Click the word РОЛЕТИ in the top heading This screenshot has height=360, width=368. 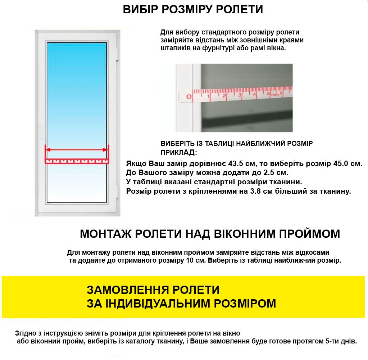239,10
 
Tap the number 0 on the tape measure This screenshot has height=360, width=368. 188,96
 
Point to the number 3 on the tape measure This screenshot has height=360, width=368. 239,95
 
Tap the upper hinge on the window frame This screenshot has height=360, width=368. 117,54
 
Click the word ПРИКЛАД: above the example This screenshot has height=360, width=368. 178,152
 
